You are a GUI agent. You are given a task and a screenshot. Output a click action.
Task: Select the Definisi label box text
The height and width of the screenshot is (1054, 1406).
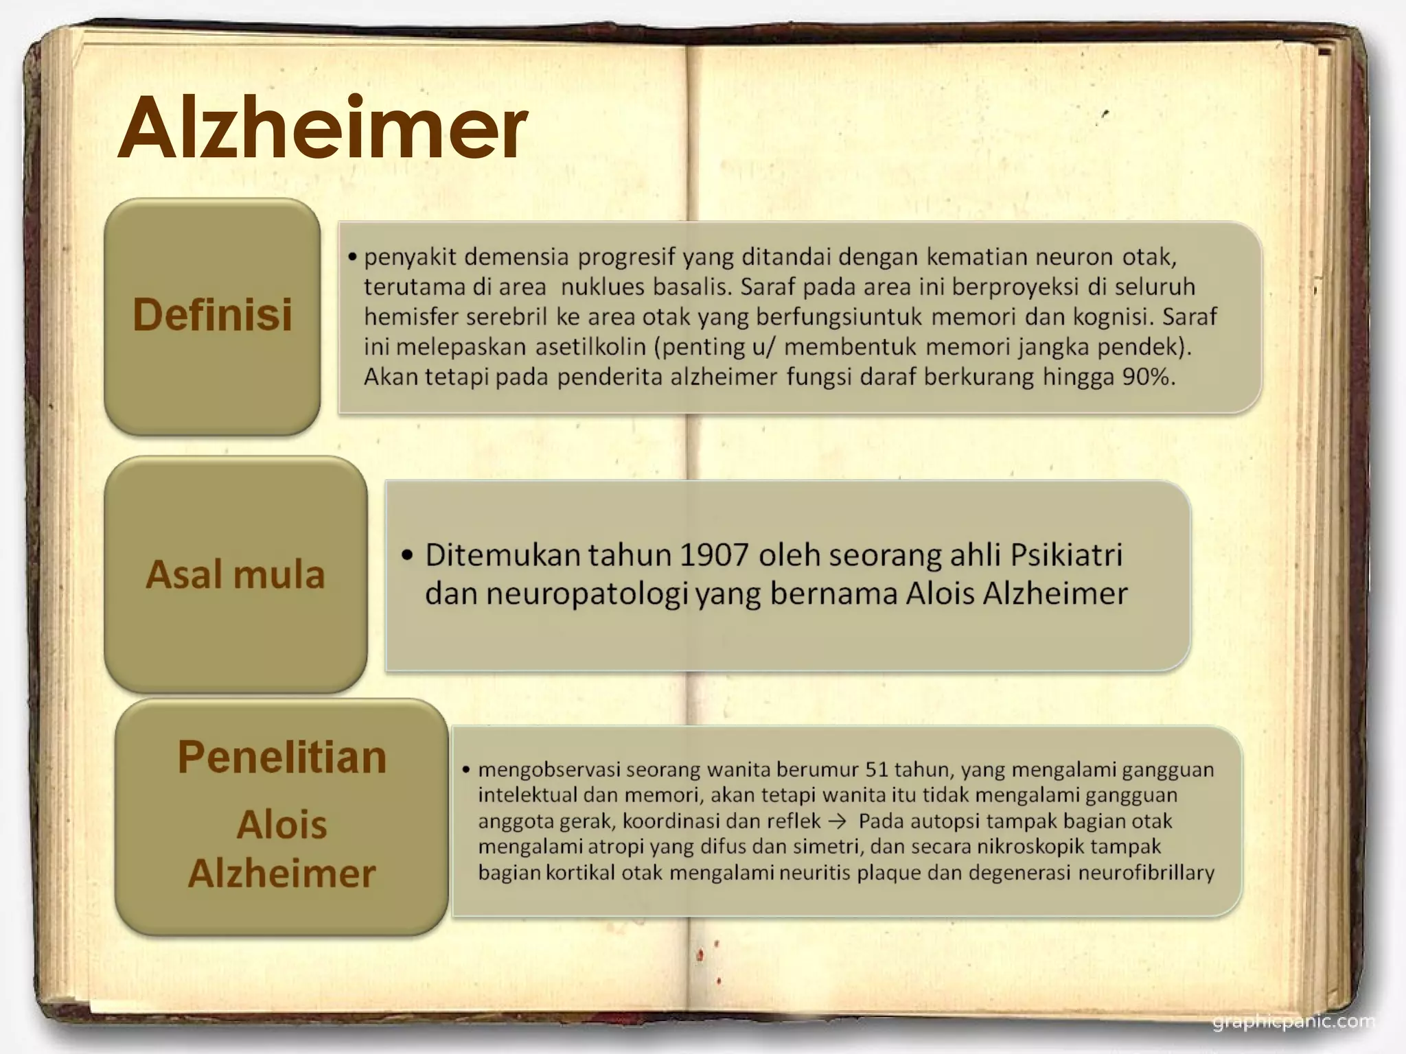[x=212, y=315]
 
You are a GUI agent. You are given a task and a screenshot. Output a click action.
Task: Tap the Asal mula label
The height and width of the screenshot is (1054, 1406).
[x=235, y=574]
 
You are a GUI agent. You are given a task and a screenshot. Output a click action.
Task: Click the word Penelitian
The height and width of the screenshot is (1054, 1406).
[x=282, y=758]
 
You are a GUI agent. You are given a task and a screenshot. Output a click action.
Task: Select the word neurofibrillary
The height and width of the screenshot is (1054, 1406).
[x=1146, y=873]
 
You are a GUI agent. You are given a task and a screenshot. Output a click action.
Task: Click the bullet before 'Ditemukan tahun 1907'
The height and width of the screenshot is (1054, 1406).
[x=408, y=555]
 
